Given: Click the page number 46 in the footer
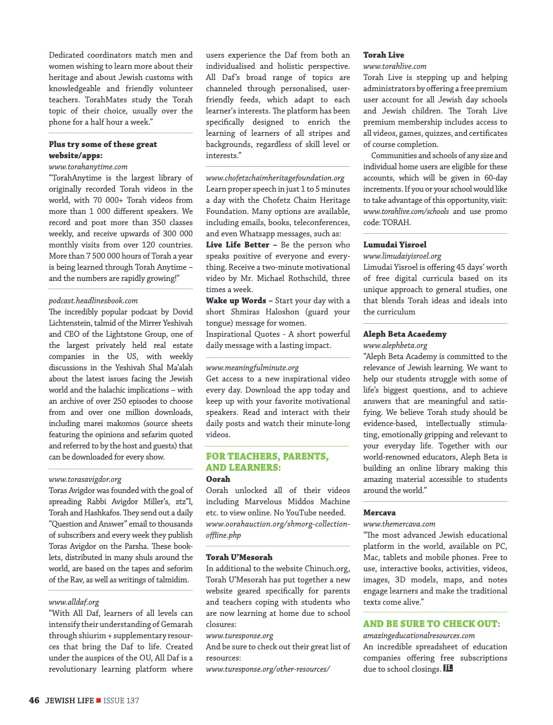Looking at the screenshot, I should [34, 701].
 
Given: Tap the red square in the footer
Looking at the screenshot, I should [99, 701].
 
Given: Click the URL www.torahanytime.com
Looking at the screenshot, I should [88, 167].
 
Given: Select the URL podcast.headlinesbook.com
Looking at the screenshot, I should [93, 301].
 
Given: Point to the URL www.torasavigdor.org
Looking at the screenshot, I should [85, 479].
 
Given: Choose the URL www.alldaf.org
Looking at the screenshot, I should [74, 602].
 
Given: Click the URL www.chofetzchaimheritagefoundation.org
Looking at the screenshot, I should [275, 178].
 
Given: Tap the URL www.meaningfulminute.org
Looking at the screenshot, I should [252, 368].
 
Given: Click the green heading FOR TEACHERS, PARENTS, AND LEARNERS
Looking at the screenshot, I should [267, 462].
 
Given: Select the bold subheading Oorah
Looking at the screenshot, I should [218, 479].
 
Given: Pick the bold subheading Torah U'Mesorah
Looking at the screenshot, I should [239, 558].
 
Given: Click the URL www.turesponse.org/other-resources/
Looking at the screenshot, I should [268, 669].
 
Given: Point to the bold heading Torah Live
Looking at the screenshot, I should [383, 55].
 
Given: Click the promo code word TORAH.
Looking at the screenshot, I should [397, 223].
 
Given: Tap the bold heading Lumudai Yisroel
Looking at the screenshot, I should [395, 245].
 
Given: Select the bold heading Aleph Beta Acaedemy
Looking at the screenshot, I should [405, 334].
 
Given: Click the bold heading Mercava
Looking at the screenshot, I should [379, 513].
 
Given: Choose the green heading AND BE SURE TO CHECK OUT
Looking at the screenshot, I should [431, 624].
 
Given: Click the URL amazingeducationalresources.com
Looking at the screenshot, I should [419, 636].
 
